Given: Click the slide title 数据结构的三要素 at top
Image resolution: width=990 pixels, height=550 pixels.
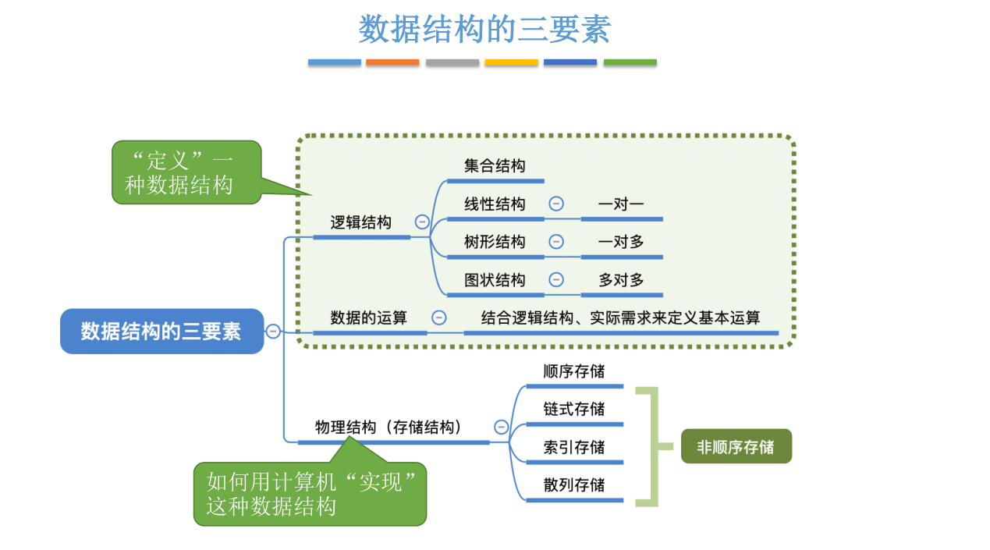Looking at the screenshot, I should [484, 30].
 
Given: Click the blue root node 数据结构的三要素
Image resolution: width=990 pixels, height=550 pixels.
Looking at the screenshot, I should [161, 332].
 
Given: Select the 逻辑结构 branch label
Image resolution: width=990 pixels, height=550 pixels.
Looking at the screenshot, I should [360, 222].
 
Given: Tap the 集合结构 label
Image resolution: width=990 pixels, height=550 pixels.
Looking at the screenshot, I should [495, 166].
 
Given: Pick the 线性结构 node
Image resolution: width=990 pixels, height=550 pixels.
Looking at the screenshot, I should [495, 204].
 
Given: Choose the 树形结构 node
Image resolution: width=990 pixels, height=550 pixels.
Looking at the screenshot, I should [495, 242].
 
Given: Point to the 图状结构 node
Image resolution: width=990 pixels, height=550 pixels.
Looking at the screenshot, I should [495, 280].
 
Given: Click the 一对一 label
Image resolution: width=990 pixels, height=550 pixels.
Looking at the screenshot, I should [621, 204].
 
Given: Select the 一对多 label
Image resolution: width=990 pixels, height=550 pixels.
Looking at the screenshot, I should [621, 242].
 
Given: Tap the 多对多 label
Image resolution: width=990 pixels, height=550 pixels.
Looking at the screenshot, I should [621, 280].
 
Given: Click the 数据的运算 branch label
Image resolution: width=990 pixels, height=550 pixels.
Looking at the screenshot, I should [368, 318].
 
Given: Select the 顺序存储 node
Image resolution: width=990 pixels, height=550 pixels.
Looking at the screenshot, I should [574, 371].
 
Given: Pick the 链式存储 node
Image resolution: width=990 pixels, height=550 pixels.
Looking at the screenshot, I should [574, 409].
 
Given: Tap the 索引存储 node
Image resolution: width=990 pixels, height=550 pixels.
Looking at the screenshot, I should [574, 447].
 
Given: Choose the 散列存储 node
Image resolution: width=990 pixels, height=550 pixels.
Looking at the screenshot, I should [574, 484].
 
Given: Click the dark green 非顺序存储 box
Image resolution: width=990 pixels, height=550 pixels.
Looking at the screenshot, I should [736, 447].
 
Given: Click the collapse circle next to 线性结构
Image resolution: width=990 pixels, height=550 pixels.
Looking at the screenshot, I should [556, 204].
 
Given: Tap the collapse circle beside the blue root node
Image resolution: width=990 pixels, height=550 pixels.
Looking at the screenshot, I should [273, 331].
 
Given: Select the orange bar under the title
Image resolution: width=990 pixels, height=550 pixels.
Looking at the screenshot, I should [392, 62].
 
